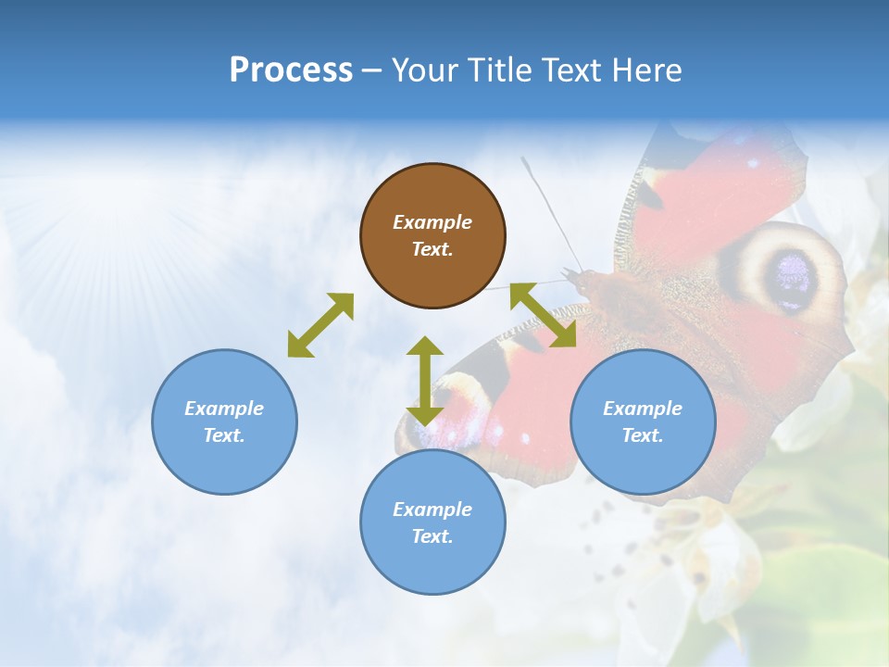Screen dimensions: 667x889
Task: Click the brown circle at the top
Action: click(432, 236)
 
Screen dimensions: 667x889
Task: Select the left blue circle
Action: click(224, 422)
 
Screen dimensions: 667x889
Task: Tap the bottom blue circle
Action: click(432, 522)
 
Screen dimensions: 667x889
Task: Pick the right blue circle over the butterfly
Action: click(643, 422)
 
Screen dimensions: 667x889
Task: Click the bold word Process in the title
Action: click(291, 69)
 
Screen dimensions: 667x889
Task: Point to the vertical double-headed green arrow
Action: click(425, 381)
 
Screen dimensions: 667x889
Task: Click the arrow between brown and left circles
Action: click(320, 324)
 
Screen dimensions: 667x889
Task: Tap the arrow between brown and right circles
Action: click(545, 315)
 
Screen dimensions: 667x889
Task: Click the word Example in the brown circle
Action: click(432, 222)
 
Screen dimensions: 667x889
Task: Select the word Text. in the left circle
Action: click(224, 435)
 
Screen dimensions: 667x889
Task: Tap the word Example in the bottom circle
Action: click(432, 509)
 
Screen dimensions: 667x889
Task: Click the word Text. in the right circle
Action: click(643, 435)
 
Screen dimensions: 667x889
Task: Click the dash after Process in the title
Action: click(371, 70)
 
